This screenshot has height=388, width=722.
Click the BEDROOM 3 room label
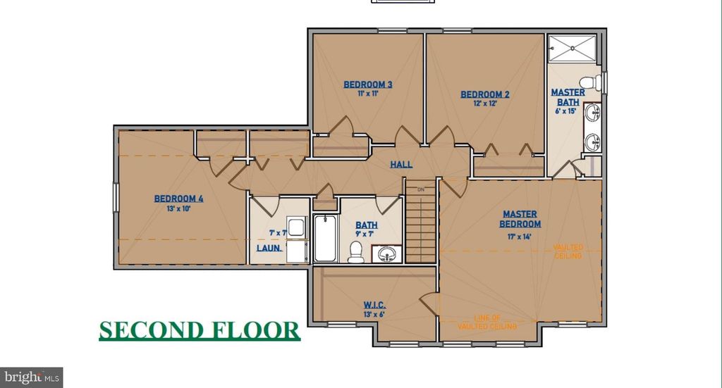367,85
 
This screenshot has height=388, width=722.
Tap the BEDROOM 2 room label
484,94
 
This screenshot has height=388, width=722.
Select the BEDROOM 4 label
178,199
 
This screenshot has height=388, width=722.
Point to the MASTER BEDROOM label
521,219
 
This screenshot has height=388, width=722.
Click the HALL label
401,165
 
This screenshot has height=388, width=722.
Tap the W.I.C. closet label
373,305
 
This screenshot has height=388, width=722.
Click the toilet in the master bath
599,82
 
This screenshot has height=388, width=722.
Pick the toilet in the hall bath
357,251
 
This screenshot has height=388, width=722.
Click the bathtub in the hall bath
325,238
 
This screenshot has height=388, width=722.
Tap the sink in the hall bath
387,253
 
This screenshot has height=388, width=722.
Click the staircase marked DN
421,222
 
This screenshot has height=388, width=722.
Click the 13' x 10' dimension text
178,209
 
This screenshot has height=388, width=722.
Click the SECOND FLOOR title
199,330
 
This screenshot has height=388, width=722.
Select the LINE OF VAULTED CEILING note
487,323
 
